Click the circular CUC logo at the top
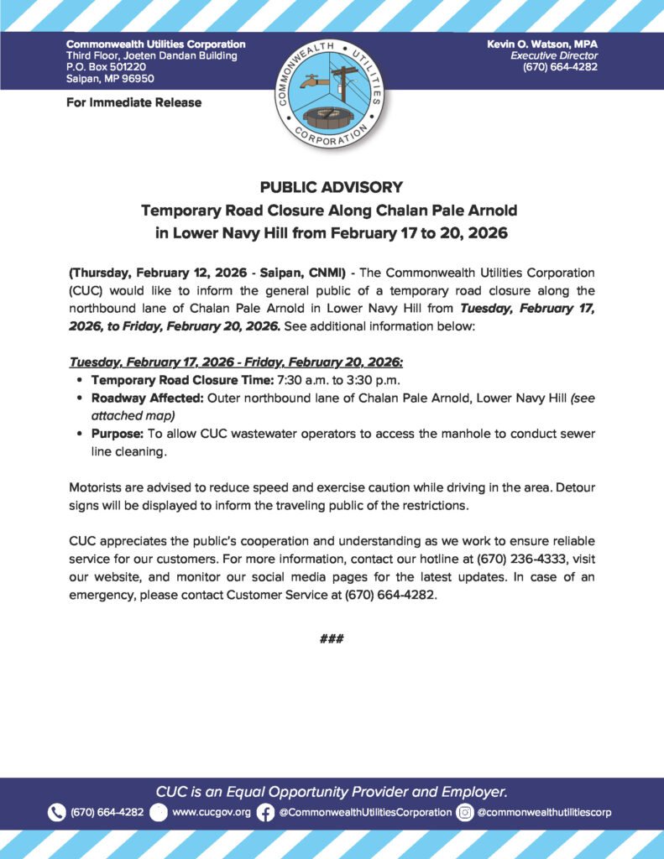pyautogui.click(x=330, y=90)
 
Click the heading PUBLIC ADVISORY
pyautogui.click(x=332, y=187)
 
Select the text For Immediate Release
pyautogui.click(x=133, y=102)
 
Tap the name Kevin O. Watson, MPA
pyautogui.click(x=541, y=44)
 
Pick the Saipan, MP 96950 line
pyautogui.click(x=109, y=79)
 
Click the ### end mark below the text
pyautogui.click(x=332, y=638)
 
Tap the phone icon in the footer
pyautogui.click(x=56, y=812)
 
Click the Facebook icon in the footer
pyautogui.click(x=265, y=812)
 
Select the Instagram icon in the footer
pyautogui.click(x=465, y=812)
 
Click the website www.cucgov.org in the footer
pyautogui.click(x=211, y=812)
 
